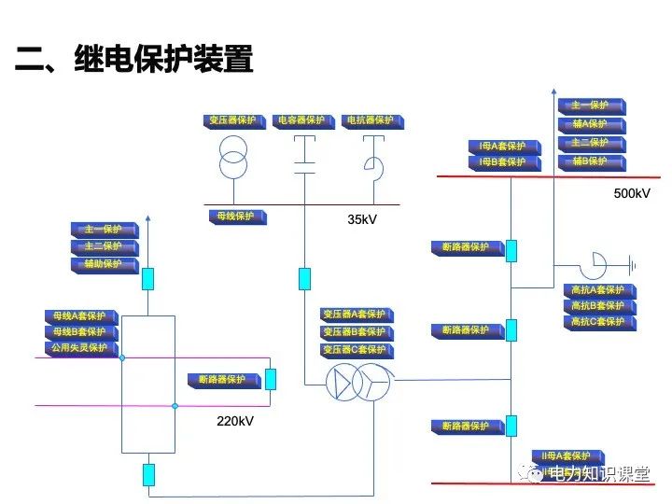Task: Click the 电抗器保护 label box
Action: click(x=371, y=121)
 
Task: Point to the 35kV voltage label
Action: click(x=362, y=219)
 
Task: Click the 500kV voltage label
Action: click(x=631, y=193)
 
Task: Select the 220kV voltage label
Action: click(x=234, y=421)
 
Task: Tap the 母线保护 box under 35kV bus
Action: click(x=237, y=217)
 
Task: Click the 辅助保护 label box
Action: click(x=105, y=265)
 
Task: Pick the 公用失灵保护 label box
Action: click(x=81, y=348)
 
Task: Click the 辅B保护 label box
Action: click(x=592, y=161)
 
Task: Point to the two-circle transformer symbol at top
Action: click(x=234, y=157)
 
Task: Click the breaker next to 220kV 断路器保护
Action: click(x=271, y=379)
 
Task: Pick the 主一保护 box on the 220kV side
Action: click(x=105, y=230)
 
